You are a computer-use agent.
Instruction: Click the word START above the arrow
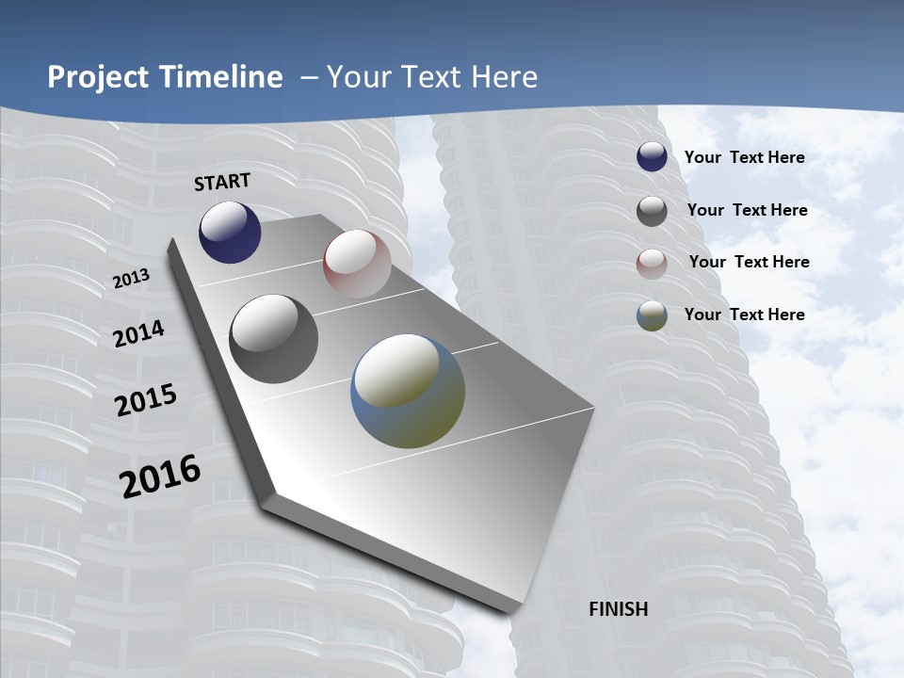[x=222, y=182]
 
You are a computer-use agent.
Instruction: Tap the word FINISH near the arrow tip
[x=618, y=609]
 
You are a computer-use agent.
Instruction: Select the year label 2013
[x=131, y=279]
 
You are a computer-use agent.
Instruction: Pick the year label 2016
[x=160, y=476]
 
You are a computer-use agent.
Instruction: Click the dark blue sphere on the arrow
[x=230, y=232]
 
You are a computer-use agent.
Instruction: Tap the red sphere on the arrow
[x=357, y=264]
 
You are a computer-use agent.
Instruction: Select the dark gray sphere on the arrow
[x=274, y=339]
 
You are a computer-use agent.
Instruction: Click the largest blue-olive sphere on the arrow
[x=408, y=391]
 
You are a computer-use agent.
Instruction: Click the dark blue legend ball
[x=652, y=156]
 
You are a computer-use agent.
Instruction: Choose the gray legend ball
[x=652, y=211]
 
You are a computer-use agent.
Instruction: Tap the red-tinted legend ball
[x=652, y=264]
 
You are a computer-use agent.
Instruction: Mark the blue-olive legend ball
[x=652, y=315]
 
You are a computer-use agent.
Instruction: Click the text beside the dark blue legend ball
[x=744, y=157]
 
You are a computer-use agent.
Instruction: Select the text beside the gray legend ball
[x=747, y=210]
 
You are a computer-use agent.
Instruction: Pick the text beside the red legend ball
[x=749, y=262]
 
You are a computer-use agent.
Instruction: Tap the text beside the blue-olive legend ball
[x=744, y=315]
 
